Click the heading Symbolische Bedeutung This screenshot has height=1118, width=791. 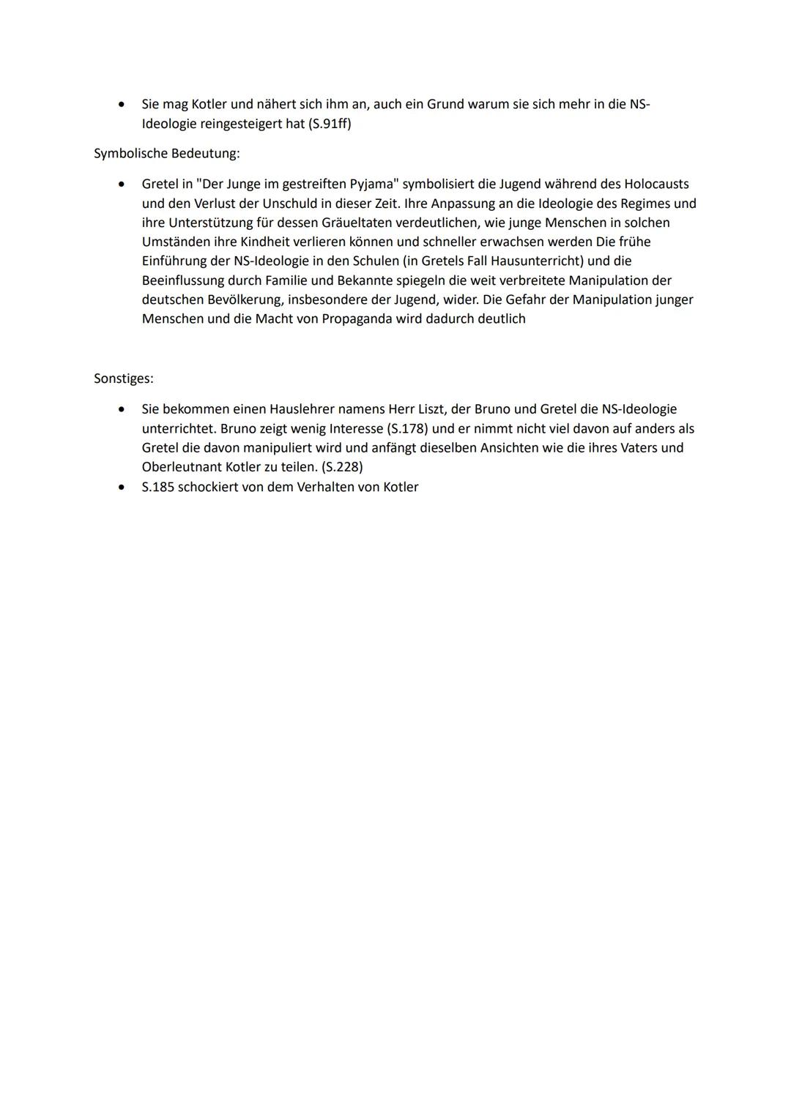coord(166,154)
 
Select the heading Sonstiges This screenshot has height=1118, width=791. coord(123,379)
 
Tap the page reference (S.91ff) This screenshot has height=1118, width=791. coord(330,124)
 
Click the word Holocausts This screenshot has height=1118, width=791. coord(656,184)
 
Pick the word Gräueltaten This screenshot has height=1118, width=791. coord(357,223)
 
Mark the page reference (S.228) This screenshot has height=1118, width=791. coord(342,467)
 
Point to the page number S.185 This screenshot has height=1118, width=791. coord(157,487)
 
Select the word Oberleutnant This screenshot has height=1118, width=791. coord(182,467)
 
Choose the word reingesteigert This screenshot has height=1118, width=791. coord(237,124)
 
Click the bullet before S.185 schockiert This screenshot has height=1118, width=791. coord(122,487)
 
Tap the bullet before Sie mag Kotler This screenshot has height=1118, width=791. coord(122,105)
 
